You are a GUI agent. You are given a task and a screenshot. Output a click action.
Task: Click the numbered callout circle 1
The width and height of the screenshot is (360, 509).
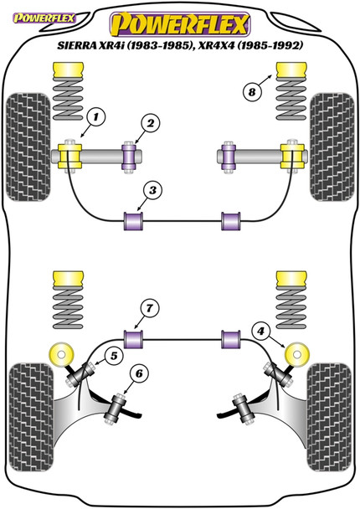95,117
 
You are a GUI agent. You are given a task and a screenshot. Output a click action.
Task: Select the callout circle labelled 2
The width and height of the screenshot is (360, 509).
151,123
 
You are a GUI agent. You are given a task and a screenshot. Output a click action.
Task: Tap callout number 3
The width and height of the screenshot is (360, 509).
152,190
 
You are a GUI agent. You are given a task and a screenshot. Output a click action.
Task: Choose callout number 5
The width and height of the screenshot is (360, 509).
114,356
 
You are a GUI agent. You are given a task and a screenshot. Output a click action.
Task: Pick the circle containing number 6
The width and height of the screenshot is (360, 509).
139,373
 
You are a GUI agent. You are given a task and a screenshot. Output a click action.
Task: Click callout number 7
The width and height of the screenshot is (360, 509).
149,308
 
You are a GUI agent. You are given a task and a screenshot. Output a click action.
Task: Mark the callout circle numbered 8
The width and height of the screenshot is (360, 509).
252,92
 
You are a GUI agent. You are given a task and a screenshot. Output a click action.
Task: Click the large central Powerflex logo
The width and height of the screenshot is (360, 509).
180,23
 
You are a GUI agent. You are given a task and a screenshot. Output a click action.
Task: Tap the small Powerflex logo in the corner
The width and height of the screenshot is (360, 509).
44,18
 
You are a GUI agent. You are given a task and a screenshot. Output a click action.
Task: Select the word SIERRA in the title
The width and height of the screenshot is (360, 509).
77,45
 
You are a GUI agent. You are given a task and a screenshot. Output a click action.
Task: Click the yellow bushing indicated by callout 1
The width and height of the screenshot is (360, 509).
69,157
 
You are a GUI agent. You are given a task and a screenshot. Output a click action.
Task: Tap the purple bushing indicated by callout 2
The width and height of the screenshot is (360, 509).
129,157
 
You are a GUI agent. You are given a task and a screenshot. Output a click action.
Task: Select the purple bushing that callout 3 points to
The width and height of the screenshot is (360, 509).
134,221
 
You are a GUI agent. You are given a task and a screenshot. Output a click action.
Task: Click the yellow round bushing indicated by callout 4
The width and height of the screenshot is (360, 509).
296,354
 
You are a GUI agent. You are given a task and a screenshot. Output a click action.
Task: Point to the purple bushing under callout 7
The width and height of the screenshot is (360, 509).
134,339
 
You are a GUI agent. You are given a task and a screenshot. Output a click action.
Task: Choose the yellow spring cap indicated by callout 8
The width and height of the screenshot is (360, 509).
291,69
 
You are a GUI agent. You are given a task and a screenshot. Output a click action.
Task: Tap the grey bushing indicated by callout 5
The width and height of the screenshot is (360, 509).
80,375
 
